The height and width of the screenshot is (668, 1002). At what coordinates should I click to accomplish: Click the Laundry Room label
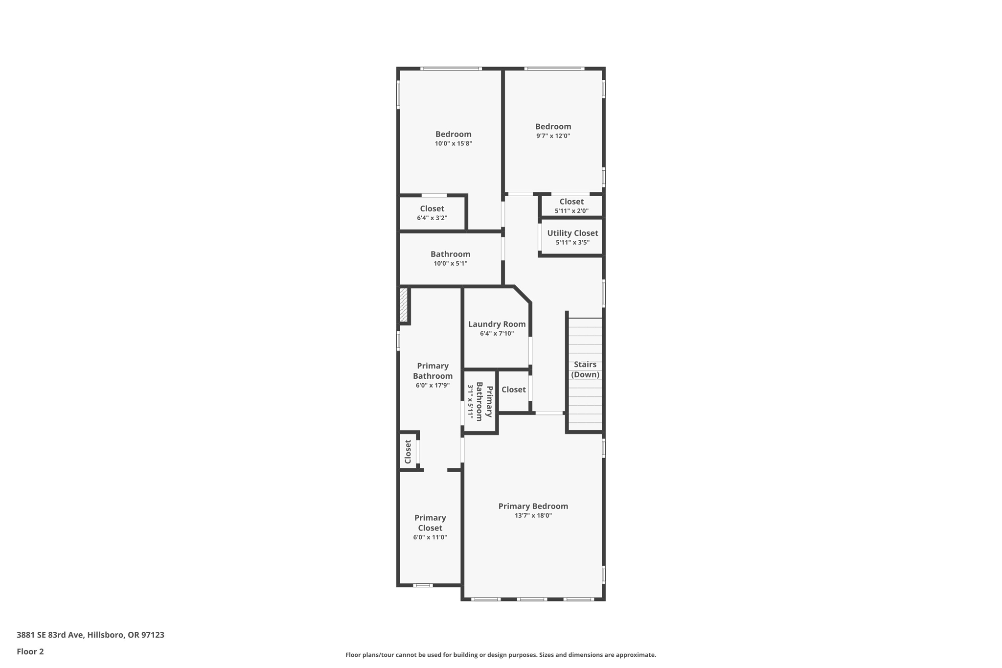[497, 324]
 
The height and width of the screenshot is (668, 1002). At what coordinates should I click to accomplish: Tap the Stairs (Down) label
[585, 369]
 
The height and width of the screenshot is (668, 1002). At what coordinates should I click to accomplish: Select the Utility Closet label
[572, 233]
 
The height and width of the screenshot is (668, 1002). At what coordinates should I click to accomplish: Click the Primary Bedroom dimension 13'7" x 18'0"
[533, 515]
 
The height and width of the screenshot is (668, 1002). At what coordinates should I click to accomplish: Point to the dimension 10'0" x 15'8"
[453, 143]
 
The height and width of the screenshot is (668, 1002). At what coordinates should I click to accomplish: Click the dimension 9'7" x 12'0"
[553, 136]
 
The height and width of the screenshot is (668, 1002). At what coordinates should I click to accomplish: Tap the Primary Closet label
[430, 523]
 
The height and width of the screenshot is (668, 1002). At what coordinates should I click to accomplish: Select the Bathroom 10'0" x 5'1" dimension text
[450, 263]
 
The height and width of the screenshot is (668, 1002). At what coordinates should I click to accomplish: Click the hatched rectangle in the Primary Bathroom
[404, 305]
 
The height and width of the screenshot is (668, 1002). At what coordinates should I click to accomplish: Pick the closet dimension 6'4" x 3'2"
[432, 218]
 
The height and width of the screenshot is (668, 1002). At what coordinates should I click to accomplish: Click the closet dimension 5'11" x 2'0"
[571, 211]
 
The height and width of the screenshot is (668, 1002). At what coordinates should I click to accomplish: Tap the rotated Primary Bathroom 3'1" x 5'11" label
[479, 401]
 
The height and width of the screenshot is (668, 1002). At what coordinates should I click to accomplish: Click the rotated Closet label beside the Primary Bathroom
[408, 452]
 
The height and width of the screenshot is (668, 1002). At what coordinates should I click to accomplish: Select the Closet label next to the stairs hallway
[513, 390]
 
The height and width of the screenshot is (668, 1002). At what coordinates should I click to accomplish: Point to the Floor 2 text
[30, 651]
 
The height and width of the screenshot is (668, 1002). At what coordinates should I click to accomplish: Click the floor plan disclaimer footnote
[501, 655]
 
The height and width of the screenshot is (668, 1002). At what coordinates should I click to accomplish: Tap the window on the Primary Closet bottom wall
[423, 585]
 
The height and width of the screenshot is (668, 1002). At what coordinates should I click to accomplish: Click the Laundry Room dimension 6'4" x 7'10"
[497, 333]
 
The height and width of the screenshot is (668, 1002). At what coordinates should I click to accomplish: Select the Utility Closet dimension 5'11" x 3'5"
[572, 242]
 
